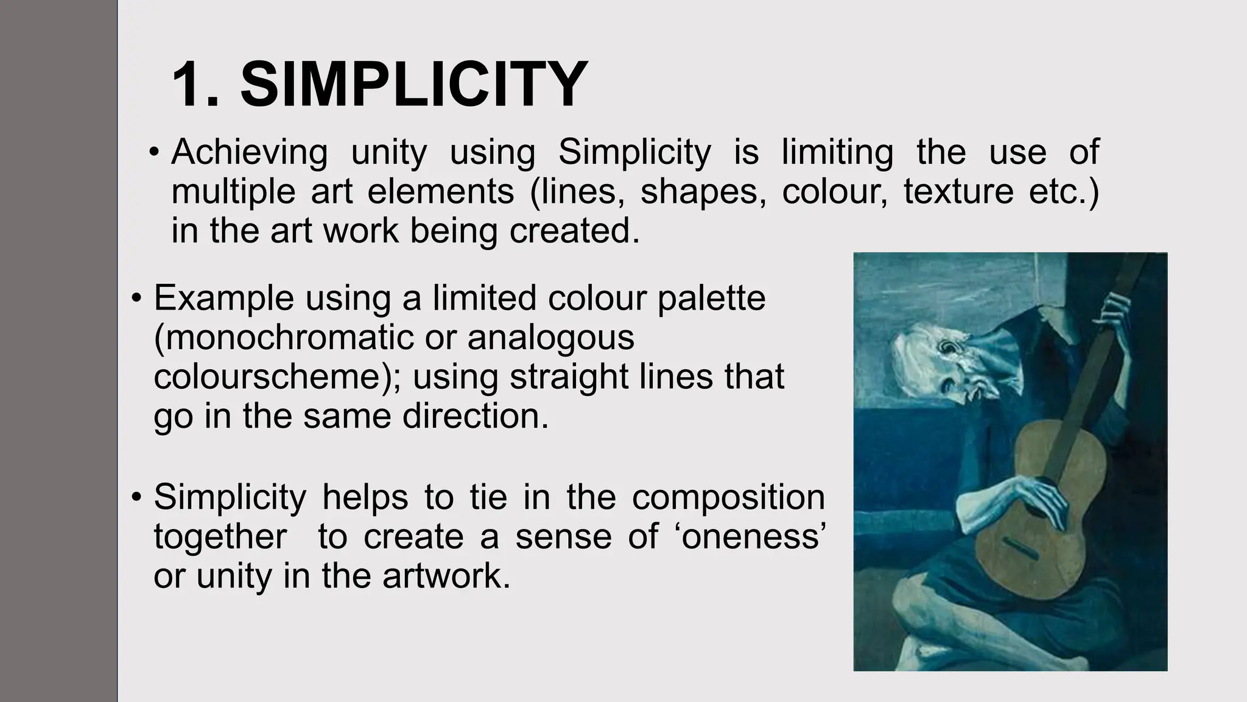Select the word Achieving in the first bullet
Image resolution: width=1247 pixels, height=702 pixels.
click(x=249, y=152)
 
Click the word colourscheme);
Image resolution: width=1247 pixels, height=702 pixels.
click(x=277, y=377)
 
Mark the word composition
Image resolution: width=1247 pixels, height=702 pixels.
click(x=728, y=497)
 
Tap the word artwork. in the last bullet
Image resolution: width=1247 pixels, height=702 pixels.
click(x=446, y=576)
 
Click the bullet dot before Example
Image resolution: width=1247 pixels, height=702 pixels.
click(x=136, y=299)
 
